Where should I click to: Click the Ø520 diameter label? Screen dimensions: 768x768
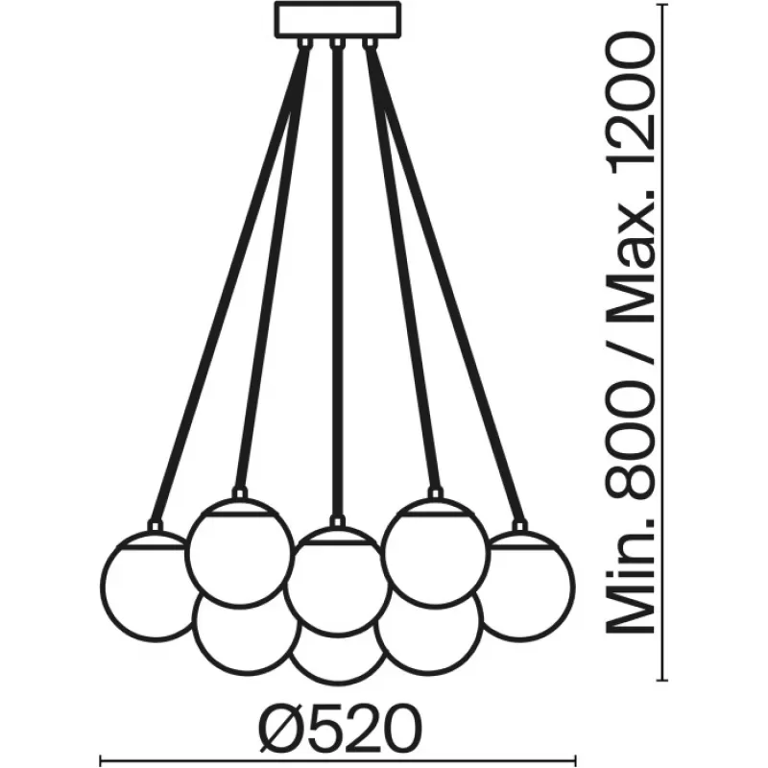tap(340, 729)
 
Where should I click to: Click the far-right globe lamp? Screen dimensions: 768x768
tap(525, 587)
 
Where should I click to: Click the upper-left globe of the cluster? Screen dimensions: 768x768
tap(239, 551)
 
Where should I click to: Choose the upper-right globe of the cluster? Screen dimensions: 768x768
tap(436, 551)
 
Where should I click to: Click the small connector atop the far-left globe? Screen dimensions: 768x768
tap(156, 526)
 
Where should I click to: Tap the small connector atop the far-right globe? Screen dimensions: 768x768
tap(519, 526)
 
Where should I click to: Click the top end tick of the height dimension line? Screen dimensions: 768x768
tap(662, 5)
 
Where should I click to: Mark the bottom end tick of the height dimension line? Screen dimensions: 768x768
tap(662, 680)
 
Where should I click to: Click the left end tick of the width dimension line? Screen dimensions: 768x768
tap(101, 762)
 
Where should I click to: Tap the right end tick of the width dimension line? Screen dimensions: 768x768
tap(575, 762)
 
